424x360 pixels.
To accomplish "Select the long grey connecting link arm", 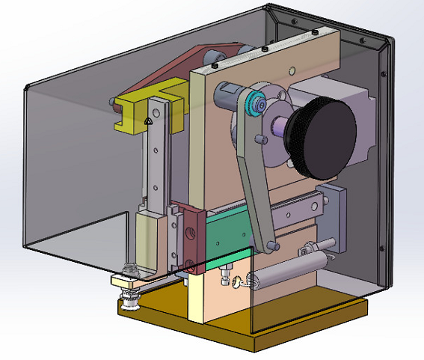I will point(254,180).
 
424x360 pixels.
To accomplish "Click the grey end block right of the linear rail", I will point(334,213).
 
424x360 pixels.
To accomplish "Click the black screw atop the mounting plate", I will point(265,49).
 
